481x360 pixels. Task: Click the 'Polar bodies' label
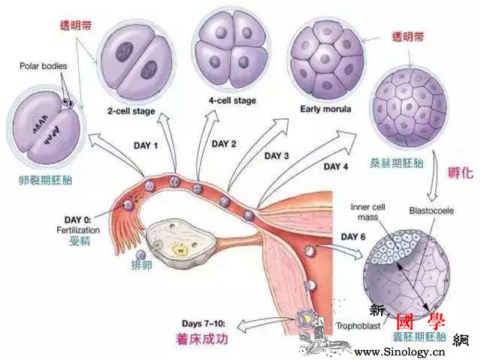pyautogui.click(x=43, y=66)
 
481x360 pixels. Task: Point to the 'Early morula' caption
pyautogui.click(x=322, y=106)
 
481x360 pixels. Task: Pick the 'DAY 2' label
pyautogui.click(x=224, y=144)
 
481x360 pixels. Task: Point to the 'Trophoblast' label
pyautogui.click(x=358, y=326)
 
